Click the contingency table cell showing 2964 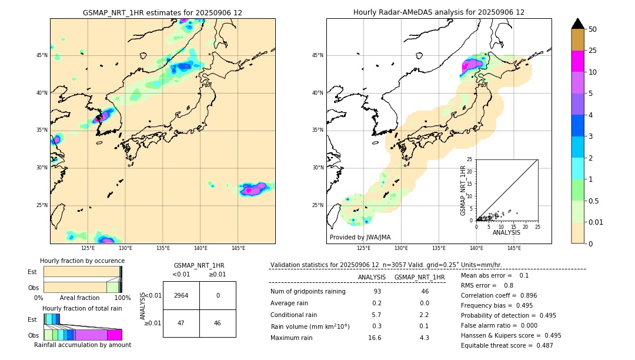click(181, 295)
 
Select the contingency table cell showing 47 click(181, 323)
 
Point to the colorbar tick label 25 click(593, 51)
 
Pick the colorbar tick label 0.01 click(596, 222)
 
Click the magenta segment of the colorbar click(578, 61)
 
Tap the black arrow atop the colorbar click(578, 24)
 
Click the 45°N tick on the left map click(42, 55)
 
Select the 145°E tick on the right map click(514, 248)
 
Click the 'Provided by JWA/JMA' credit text click(360, 238)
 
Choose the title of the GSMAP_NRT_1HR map click(162, 12)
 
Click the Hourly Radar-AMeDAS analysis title click(439, 12)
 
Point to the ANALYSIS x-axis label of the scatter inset click(507, 232)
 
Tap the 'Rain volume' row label click(310, 326)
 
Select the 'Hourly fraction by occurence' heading click(82, 261)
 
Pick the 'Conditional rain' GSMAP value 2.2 click(424, 315)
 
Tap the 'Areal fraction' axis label click(79, 298)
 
